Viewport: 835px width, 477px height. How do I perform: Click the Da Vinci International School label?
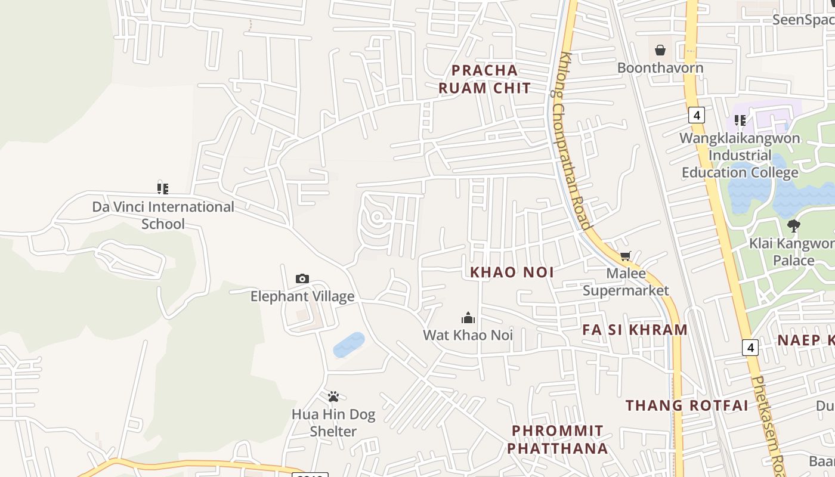click(163, 215)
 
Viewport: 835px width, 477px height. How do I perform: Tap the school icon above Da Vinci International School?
click(163, 189)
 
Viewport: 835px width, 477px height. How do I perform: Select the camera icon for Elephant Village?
click(302, 279)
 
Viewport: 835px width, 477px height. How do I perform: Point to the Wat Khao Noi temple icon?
click(468, 318)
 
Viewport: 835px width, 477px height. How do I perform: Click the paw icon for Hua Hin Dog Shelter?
click(333, 397)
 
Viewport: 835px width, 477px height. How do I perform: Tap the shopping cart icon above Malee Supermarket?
click(625, 256)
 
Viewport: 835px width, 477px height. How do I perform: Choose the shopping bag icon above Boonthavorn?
click(660, 50)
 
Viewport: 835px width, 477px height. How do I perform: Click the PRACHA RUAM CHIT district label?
click(484, 79)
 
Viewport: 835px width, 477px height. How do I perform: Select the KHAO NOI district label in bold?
click(512, 272)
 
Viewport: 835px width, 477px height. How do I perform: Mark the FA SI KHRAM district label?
click(635, 330)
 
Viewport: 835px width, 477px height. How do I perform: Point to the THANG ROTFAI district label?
click(686, 405)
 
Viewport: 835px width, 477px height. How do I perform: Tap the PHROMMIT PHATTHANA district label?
click(558, 439)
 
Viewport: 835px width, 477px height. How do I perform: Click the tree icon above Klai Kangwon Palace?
click(793, 226)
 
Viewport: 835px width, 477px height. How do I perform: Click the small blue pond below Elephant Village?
click(349, 345)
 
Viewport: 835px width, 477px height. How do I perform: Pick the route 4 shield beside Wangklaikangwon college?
click(696, 114)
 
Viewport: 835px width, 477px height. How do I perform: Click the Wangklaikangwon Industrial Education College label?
click(740, 156)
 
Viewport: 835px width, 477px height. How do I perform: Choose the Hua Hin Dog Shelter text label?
click(333, 423)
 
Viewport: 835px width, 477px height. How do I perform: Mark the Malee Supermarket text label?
click(626, 282)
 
